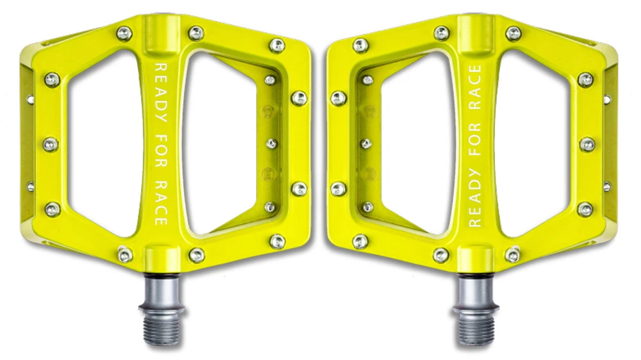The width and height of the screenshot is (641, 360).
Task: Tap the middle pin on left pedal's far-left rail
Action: click(51, 145)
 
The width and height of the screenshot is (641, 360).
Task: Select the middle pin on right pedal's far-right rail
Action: click(587, 145)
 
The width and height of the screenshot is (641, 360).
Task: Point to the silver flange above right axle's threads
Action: click(475, 282)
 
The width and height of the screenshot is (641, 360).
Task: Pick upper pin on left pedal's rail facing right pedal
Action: click(299, 98)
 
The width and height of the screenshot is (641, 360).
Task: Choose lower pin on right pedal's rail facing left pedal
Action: click(338, 189)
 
